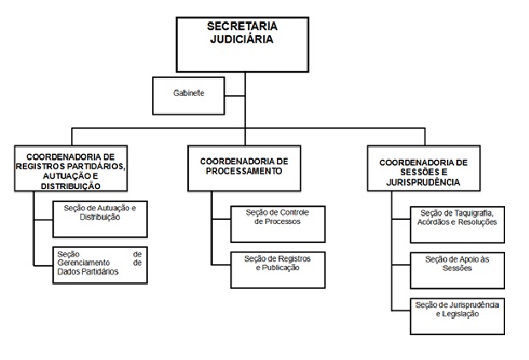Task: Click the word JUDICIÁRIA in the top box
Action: click(243, 38)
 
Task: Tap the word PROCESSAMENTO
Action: click(243, 170)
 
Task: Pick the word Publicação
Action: click(279, 268)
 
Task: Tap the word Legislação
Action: click(460, 314)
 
